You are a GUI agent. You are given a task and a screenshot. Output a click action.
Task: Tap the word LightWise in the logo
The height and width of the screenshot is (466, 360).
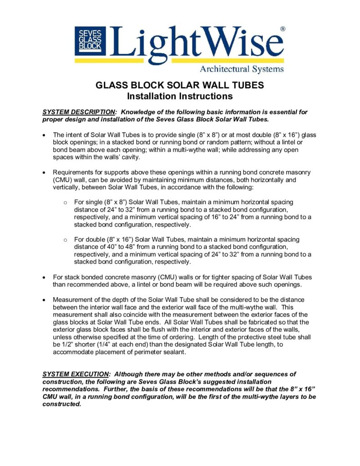(196, 41)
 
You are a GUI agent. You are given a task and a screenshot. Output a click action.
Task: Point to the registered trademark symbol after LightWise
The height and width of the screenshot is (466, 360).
(283, 29)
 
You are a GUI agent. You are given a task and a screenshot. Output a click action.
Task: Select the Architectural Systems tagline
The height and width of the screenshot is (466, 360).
(242, 69)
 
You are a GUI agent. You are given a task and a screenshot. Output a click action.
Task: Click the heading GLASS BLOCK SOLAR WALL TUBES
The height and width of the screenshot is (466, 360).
(180, 86)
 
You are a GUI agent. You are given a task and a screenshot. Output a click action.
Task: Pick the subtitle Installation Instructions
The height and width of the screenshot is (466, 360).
(180, 96)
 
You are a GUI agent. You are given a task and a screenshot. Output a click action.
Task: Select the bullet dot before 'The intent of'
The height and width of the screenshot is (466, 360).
(44, 135)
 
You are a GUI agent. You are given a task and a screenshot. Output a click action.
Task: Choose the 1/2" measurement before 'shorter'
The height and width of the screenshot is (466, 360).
(58, 344)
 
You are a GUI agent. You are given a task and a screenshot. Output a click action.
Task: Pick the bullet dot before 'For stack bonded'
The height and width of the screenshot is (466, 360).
(44, 277)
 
